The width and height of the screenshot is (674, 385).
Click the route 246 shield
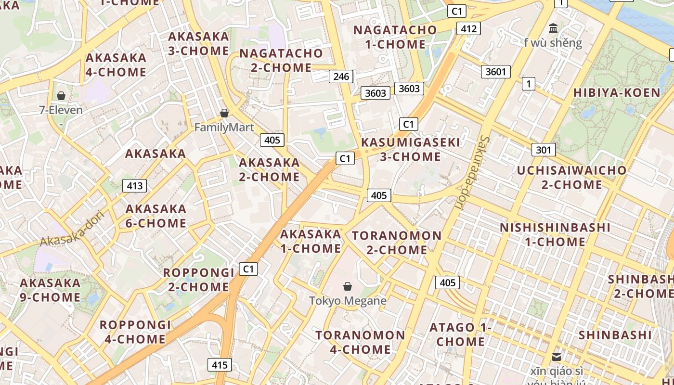[341, 76]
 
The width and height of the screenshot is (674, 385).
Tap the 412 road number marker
[468, 29]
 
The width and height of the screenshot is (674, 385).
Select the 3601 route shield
[495, 72]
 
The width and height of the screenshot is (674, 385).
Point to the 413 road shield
[134, 186]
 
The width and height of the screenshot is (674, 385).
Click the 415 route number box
[220, 365]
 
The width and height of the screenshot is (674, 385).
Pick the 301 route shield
[544, 150]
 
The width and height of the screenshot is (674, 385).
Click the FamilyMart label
[224, 128]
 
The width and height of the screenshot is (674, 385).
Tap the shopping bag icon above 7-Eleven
[61, 96]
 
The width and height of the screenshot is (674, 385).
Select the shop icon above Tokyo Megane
[348, 287]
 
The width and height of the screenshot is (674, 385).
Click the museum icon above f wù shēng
[553, 28]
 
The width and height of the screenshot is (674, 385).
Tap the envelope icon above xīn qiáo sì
[557, 357]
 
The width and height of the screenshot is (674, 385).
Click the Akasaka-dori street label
[72, 228]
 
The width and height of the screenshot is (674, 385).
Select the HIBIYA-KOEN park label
[617, 93]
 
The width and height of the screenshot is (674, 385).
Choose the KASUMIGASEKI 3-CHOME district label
[410, 149]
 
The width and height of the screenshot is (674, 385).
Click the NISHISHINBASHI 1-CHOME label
[555, 234]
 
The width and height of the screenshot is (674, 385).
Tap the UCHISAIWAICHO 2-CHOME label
[571, 177]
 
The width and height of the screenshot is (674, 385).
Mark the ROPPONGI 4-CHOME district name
[135, 332]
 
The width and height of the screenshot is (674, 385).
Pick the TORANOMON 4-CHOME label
[360, 342]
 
